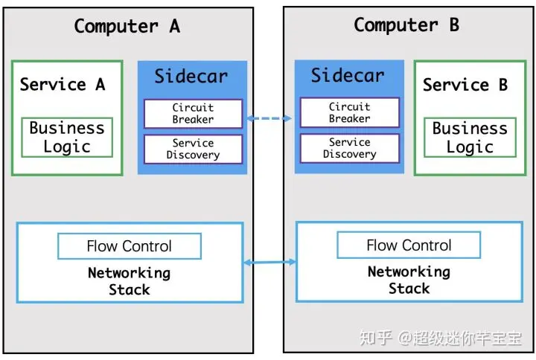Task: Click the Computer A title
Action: click(127, 26)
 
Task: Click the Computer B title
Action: click(406, 25)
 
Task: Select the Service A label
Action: click(63, 84)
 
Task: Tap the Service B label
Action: click(465, 85)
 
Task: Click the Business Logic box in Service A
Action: click(67, 138)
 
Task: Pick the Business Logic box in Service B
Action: click(470, 138)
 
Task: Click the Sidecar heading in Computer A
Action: click(191, 76)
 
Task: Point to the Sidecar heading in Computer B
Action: click(348, 75)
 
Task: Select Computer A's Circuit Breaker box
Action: click(193, 114)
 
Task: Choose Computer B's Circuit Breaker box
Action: click(350, 112)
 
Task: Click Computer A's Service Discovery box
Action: click(193, 149)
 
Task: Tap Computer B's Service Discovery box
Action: click(350, 148)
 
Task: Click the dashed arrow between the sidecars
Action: click(269, 118)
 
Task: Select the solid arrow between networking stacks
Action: click(269, 262)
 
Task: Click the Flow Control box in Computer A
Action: click(130, 246)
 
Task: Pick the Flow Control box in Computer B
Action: click(409, 245)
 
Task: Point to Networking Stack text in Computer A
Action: click(130, 281)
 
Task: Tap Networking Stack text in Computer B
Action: click(409, 280)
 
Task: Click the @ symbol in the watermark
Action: click(405, 338)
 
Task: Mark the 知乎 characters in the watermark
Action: click(376, 338)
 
